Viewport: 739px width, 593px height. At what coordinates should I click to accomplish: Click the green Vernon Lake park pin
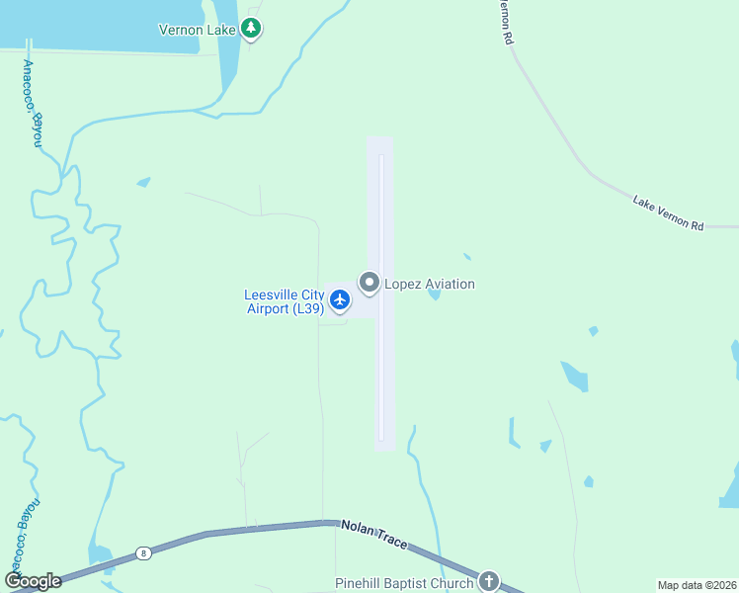pyautogui.click(x=252, y=29)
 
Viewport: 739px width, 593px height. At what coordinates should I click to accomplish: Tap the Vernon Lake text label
pyautogui.click(x=197, y=30)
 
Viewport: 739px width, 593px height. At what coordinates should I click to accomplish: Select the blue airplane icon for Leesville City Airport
pyautogui.click(x=340, y=298)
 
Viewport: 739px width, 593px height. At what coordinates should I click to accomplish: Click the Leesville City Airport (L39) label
pyautogui.click(x=285, y=301)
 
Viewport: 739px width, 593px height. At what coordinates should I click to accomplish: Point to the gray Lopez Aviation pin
pyautogui.click(x=369, y=284)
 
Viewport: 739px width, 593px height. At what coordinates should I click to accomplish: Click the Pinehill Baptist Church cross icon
pyautogui.click(x=488, y=581)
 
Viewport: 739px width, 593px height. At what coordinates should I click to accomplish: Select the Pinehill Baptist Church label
pyautogui.click(x=405, y=583)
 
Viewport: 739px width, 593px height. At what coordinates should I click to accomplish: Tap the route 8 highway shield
pyautogui.click(x=144, y=553)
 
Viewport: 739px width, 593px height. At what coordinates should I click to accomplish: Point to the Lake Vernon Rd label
pyautogui.click(x=668, y=213)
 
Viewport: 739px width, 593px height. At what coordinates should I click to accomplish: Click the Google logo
pyautogui.click(x=32, y=581)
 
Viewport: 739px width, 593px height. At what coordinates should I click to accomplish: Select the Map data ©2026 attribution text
pyautogui.click(x=697, y=585)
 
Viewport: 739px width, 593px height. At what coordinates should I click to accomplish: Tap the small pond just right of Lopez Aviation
pyautogui.click(x=433, y=294)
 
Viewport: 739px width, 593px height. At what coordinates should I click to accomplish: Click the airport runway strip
pyautogui.click(x=380, y=376)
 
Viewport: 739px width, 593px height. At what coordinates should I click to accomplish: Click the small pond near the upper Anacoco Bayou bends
pyautogui.click(x=144, y=182)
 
